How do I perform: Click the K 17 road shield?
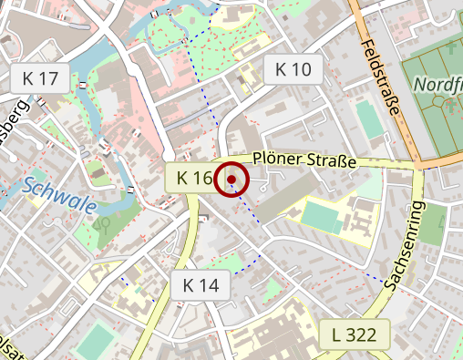tap(40, 78)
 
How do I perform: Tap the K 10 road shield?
tap(293, 69)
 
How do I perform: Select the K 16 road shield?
tap(193, 179)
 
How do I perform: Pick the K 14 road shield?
tap(201, 285)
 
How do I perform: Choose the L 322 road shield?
tap(355, 334)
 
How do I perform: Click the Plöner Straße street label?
tap(304, 161)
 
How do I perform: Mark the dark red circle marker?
tap(231, 179)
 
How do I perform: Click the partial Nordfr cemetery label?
tap(437, 85)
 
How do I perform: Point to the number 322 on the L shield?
tap(362, 334)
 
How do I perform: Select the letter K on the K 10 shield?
tap(281, 69)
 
